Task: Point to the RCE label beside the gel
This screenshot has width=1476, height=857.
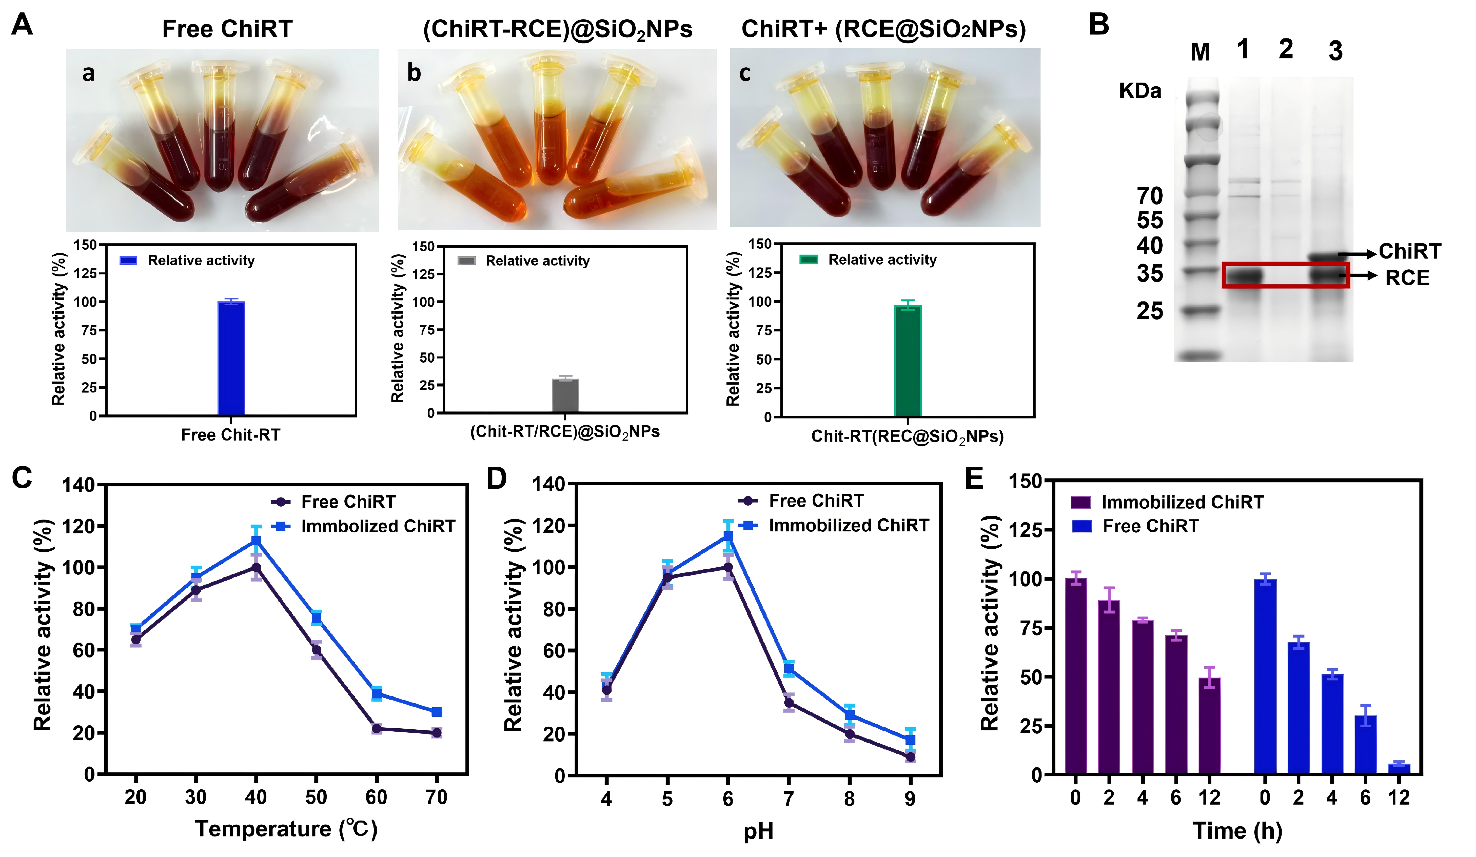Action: tap(1407, 278)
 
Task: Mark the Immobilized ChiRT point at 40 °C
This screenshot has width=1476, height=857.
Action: tap(256, 540)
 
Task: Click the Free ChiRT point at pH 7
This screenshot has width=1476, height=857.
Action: tap(789, 703)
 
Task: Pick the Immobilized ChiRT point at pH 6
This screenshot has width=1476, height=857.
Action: tap(728, 536)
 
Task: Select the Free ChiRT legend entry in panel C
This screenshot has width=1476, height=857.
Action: tap(348, 502)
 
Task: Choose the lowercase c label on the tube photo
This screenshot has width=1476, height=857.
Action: tap(745, 74)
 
